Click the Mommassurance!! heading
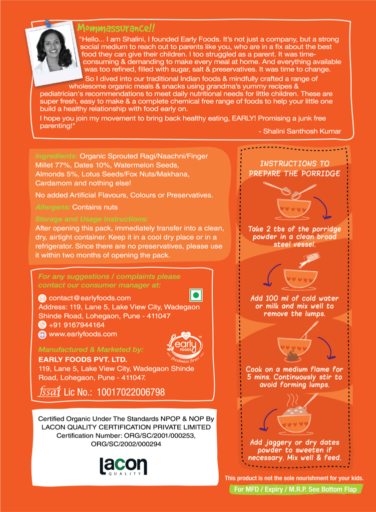[x=116, y=28]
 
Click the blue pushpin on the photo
[x=48, y=23]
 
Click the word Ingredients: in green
[x=56, y=156]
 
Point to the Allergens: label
[x=53, y=207]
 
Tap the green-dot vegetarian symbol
[x=196, y=295]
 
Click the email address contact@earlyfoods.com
[x=90, y=298]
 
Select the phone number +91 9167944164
[x=76, y=325]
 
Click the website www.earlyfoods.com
[x=83, y=334]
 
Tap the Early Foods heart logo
[x=185, y=347]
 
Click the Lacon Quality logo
[x=123, y=466]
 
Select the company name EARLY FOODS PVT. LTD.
[x=83, y=359]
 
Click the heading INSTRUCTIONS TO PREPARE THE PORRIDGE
[x=295, y=168]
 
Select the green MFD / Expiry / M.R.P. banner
[x=296, y=489]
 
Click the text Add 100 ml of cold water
[x=295, y=298]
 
